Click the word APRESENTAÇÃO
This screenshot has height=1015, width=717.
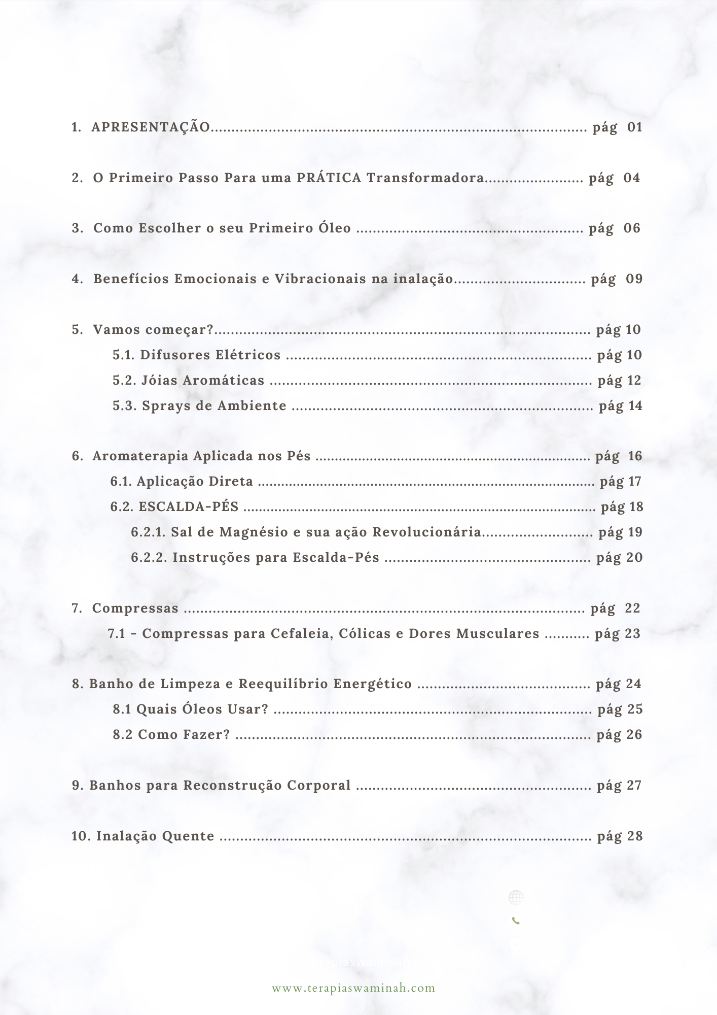click(x=151, y=127)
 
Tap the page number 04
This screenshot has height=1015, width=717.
click(x=632, y=178)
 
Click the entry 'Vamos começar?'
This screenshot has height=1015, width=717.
click(x=154, y=330)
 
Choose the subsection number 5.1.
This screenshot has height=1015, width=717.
click(x=123, y=355)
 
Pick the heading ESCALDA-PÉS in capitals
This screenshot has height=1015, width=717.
click(x=189, y=506)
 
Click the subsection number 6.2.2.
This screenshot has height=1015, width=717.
click(x=148, y=557)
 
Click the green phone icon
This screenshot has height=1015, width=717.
click(x=516, y=921)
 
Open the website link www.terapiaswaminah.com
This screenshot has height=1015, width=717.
click(x=353, y=988)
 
